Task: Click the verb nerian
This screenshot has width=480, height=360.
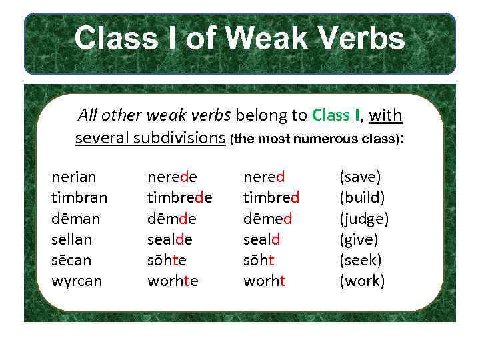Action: coord(74,177)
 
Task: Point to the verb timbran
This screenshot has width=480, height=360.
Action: coord(79,198)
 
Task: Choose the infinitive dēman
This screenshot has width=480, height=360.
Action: coord(76,219)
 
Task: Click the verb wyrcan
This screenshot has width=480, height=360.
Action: coord(77,281)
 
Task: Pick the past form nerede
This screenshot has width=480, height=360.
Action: coord(172,177)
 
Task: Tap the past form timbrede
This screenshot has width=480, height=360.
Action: coord(180,198)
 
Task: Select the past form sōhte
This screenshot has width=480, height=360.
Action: coord(167,260)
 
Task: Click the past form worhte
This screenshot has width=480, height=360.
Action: coord(173,281)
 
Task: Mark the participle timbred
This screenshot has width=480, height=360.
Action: coord(271,198)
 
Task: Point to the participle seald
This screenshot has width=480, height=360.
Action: coord(262,239)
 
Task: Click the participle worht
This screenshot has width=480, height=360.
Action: coord(265,281)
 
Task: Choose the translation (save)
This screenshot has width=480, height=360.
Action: coord(361,177)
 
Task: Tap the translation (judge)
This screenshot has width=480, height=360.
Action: coord(364,219)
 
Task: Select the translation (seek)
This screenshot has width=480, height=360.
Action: coord(361,260)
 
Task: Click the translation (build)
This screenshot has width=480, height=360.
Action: coord(362,198)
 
